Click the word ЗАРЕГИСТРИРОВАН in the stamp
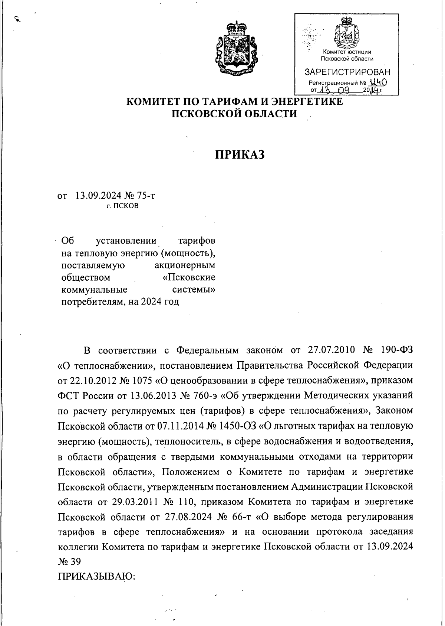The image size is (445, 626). coord(347,72)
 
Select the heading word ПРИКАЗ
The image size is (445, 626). coord(240,154)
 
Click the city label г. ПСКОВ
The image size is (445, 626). coord(122,206)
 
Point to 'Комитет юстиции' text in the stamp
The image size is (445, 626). coord(347,52)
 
